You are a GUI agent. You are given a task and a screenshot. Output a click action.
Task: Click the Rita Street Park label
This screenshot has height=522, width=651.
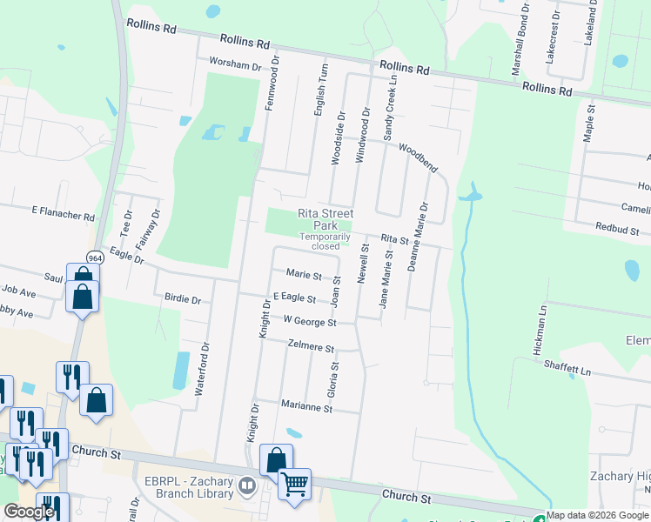(325, 218)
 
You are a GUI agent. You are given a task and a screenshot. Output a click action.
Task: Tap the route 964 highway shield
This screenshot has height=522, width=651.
(95, 258)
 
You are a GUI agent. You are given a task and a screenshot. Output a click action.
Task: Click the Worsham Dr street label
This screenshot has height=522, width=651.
(235, 65)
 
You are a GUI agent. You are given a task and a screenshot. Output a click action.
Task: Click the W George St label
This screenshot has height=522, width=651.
(309, 320)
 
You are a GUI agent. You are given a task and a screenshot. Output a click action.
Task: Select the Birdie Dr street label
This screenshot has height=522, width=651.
(182, 299)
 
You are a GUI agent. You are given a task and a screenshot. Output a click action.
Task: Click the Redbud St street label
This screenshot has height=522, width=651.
(617, 231)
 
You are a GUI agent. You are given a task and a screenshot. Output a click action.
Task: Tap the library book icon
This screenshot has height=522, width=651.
(247, 486)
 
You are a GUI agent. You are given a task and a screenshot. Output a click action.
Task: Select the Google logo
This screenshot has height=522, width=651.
(29, 512)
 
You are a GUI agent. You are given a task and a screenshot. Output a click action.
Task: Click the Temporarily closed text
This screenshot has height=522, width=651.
(325, 241)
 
